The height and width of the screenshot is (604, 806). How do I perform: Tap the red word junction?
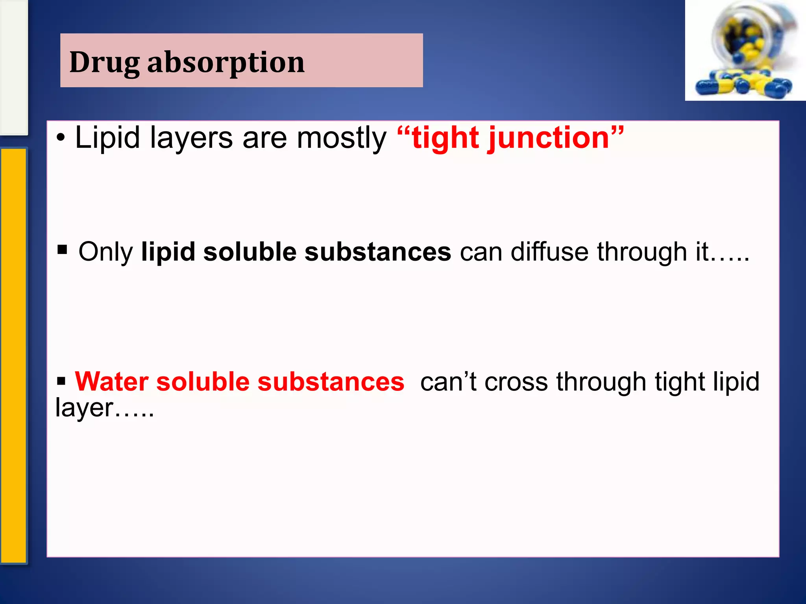pyautogui.click(x=549, y=138)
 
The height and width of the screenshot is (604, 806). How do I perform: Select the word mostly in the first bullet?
pyautogui.click(x=341, y=138)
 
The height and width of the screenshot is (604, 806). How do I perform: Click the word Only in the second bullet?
pyautogui.click(x=105, y=252)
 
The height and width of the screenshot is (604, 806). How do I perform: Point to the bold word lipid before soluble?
pyautogui.click(x=168, y=252)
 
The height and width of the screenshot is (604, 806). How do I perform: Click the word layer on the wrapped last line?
pyautogui.click(x=84, y=408)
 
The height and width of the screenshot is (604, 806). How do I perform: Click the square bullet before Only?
pyautogui.click(x=62, y=249)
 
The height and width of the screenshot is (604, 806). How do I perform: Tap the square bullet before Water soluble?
pyautogui.click(x=61, y=381)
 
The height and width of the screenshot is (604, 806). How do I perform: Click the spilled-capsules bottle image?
pyautogui.click(x=745, y=50)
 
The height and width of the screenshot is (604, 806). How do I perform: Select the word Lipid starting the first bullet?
pyautogui.click(x=107, y=138)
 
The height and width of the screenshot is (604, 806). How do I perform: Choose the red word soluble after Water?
pyautogui.click(x=203, y=381)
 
